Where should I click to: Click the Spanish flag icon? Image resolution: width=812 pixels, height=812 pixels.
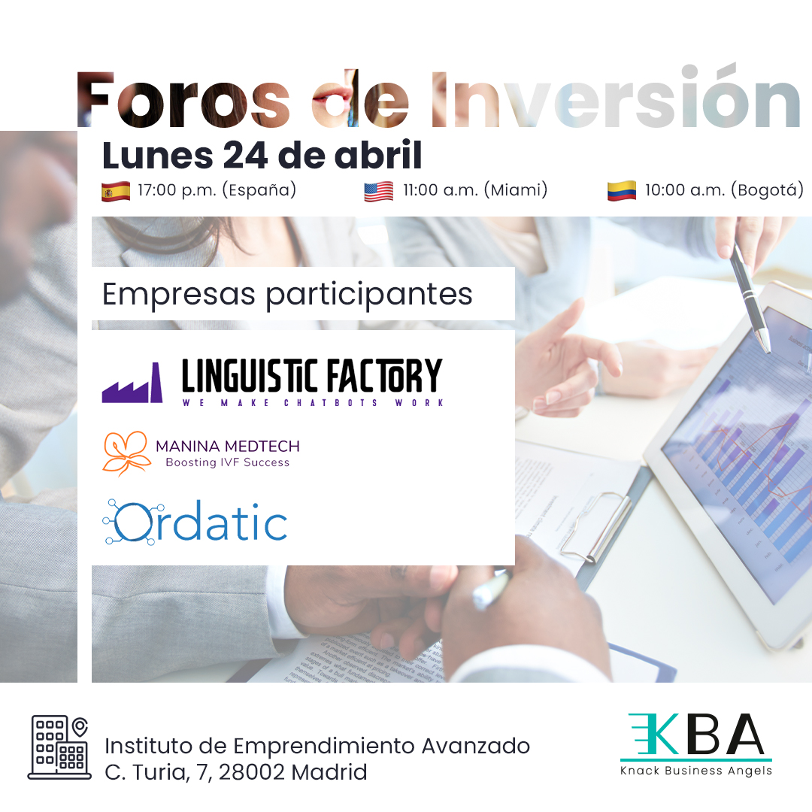(x=116, y=192)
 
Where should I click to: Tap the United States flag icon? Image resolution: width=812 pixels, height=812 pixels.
(x=378, y=192)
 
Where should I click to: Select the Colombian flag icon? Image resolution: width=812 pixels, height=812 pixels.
(x=622, y=192)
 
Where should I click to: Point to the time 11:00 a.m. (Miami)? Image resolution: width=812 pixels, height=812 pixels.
(x=474, y=190)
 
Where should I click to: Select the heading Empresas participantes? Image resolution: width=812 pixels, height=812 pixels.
(x=287, y=294)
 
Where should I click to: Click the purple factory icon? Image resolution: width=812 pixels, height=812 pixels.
(x=132, y=383)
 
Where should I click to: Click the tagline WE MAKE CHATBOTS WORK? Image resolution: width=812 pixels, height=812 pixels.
(x=313, y=403)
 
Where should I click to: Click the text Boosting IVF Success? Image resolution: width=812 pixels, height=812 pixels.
(x=227, y=462)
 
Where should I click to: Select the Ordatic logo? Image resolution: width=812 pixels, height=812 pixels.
(x=195, y=521)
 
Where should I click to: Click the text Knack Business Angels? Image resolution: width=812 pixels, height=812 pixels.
(x=695, y=771)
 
